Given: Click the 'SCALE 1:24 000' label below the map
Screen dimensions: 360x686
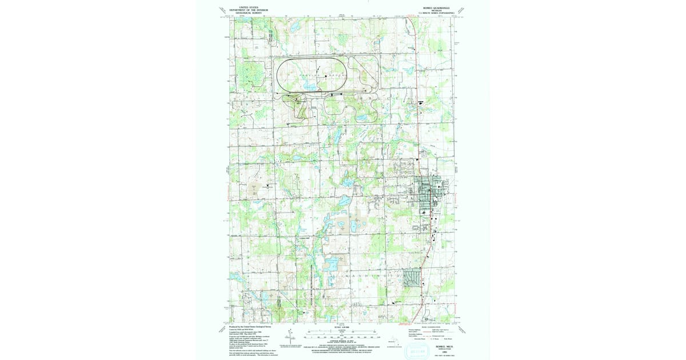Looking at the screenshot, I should (x=341, y=327).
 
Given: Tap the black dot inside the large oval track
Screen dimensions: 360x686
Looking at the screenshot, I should (x=326, y=76).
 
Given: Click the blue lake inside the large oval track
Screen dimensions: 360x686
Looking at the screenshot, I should (x=311, y=86).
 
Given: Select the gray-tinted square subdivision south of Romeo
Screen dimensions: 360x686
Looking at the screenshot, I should (x=411, y=277).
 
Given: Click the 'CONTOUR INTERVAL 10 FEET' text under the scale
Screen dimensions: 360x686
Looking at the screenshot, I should (x=341, y=341).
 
